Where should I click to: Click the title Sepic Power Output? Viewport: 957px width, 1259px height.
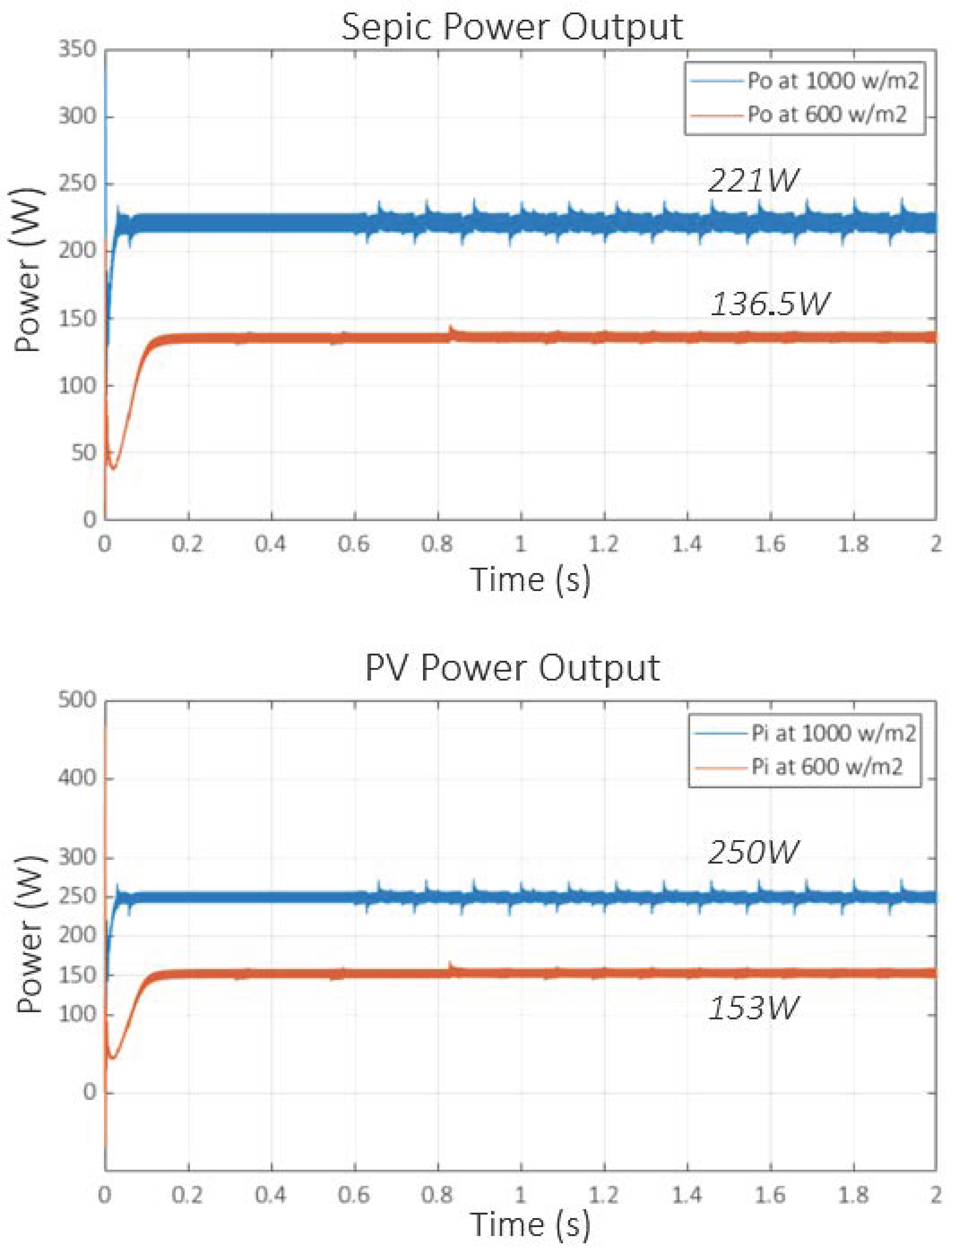512,27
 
